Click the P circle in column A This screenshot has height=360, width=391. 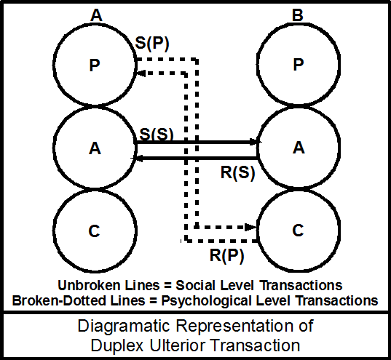click(x=94, y=64)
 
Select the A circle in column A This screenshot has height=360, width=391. click(x=94, y=148)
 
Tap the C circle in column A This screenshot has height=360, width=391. click(x=94, y=232)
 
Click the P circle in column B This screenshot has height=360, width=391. click(x=297, y=64)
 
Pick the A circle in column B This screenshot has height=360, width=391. click(x=297, y=148)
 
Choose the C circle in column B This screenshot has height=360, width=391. click(x=297, y=232)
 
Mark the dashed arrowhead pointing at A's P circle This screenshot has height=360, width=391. click(x=142, y=72)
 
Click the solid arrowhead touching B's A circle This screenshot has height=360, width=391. click(x=254, y=143)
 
